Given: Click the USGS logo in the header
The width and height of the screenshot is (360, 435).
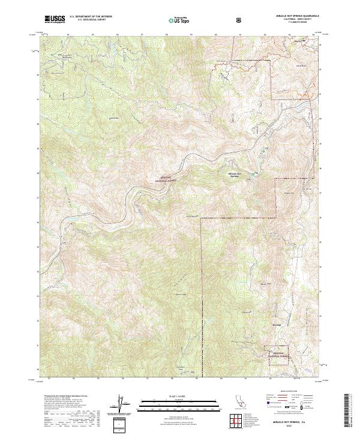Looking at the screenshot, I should coord(55,19).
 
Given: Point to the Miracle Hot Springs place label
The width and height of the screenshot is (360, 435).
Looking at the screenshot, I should coord(235,175).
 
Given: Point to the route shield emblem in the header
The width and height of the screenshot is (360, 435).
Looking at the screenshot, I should coord(240,20).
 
